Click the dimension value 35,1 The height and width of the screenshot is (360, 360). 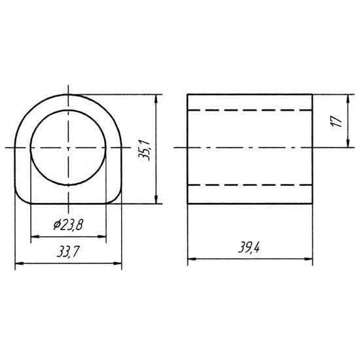click(x=144, y=150)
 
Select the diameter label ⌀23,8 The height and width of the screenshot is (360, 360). click(x=68, y=225)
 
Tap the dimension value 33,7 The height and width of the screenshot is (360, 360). click(x=68, y=251)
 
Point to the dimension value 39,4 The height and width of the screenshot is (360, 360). click(x=249, y=247)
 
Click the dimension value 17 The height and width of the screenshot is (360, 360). click(x=336, y=121)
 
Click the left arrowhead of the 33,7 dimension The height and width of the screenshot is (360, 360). click(x=19, y=264)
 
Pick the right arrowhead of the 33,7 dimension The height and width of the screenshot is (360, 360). click(x=117, y=264)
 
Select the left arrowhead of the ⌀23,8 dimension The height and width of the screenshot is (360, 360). click(x=35, y=236)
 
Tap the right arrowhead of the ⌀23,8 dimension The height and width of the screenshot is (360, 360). click(x=102, y=236)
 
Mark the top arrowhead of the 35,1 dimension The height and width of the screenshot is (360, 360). click(x=156, y=99)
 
